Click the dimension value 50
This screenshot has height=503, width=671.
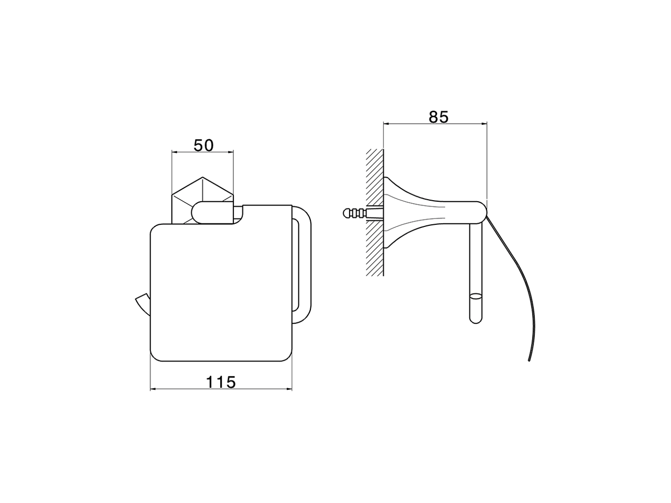pos(203,145)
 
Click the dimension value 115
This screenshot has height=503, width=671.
pos(221,382)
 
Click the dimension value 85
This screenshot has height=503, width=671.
pos(438,117)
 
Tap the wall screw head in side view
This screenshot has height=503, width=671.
pos(347,213)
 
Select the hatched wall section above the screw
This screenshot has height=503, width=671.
pos(375,176)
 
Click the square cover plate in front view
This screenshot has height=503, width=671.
pos(220,293)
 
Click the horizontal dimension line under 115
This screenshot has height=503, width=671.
pos(221,390)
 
